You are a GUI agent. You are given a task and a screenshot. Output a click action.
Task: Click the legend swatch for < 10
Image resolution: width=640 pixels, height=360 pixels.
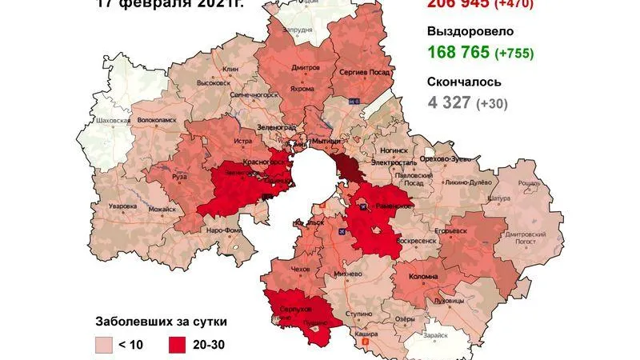tap(106, 344)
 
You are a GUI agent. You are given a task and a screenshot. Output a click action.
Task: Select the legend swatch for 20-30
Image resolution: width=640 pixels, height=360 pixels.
tap(180, 344)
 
